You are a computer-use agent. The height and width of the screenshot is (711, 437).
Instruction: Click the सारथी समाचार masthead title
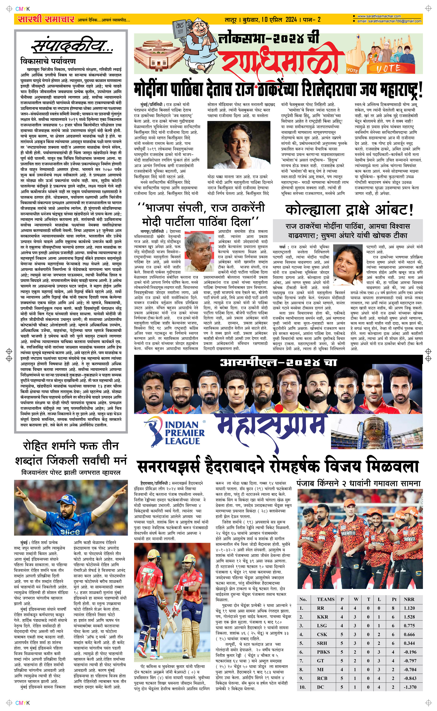pyautogui.click(x=46, y=19)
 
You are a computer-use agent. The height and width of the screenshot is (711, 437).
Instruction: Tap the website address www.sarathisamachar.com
pyautogui.click(x=379, y=16)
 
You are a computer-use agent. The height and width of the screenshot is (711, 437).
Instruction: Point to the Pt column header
pyautogui.click(x=394, y=599)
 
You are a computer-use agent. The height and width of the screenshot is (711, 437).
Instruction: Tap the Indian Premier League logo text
pyautogui.click(x=184, y=433)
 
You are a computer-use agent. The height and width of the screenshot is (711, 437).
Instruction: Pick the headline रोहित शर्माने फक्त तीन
pyautogui.click(x=71, y=446)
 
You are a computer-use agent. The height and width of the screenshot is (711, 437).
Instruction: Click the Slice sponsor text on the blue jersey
pyautogui.click(x=70, y=532)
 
